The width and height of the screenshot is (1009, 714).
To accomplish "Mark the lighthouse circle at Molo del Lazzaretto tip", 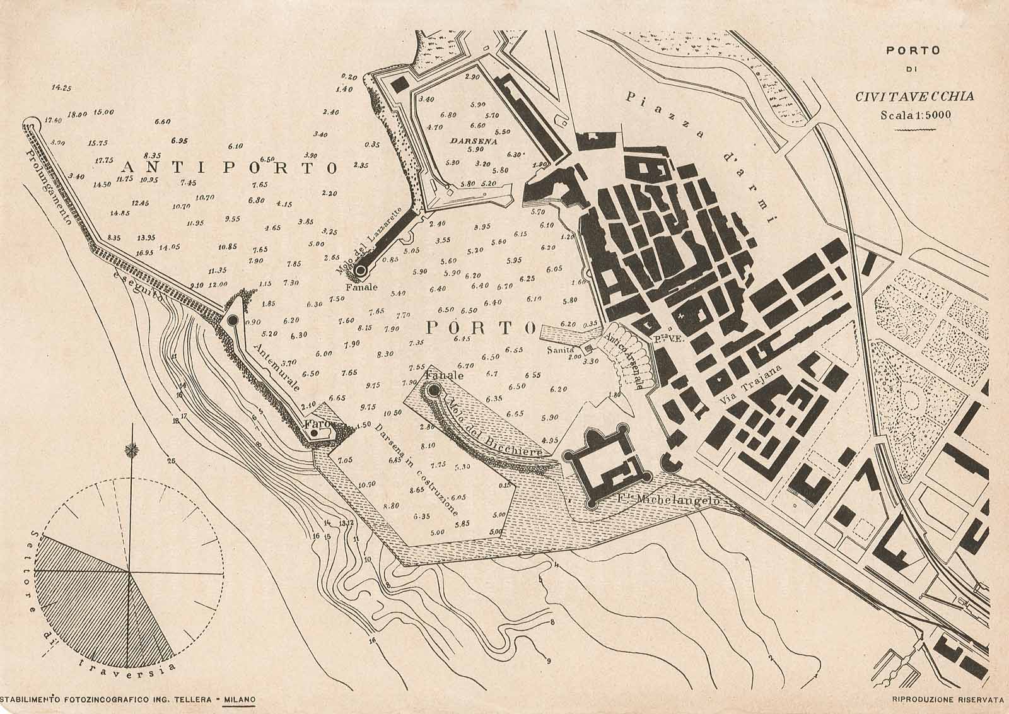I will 361,271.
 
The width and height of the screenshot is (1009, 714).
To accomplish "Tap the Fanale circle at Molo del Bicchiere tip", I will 433,391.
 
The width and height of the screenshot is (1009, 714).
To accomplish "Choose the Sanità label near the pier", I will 560,348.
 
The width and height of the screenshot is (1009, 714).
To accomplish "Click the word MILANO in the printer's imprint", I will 239,699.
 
